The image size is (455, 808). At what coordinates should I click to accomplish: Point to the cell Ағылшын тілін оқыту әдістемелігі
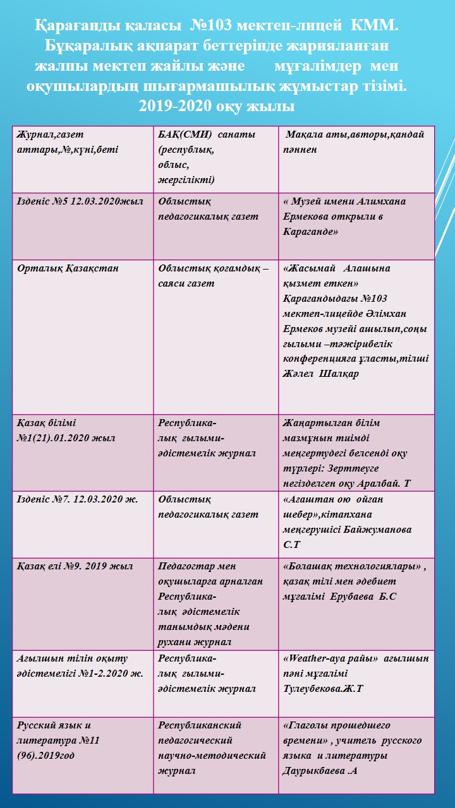coord(80,666)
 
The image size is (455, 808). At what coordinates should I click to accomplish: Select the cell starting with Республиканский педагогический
coord(212,748)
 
